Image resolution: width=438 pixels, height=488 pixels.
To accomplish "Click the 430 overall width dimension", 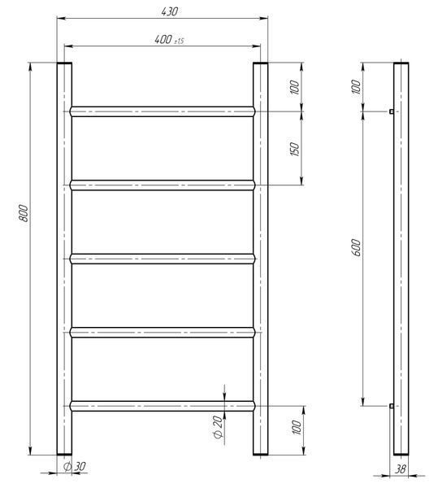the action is pyautogui.click(x=169, y=12).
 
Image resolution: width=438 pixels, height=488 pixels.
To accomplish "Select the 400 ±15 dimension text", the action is pyautogui.click(x=169, y=40).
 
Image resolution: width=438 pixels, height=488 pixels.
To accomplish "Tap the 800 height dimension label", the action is pyautogui.click(x=24, y=213).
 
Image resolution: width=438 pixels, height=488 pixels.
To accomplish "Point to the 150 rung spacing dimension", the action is pyautogui.click(x=295, y=150).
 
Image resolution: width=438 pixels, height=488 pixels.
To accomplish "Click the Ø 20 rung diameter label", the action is pyautogui.click(x=219, y=427).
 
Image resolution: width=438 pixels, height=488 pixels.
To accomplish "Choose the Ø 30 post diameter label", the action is pyautogui.click(x=74, y=466).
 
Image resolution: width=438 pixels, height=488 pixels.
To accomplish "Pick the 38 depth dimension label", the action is pyautogui.click(x=401, y=468).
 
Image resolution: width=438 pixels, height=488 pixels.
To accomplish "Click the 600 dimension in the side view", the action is pyautogui.click(x=358, y=248).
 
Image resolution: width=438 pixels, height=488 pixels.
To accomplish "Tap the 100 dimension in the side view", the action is pyautogui.click(x=356, y=87).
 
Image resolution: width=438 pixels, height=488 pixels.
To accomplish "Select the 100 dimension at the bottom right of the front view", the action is pyautogui.click(x=297, y=427).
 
